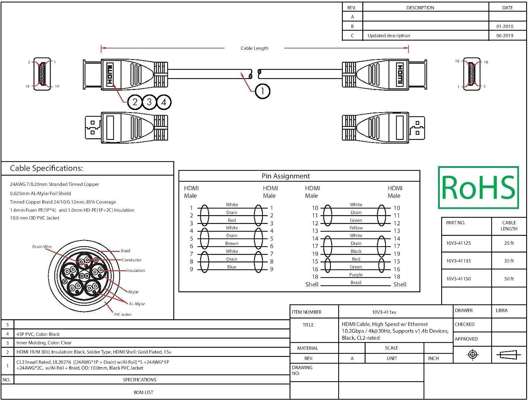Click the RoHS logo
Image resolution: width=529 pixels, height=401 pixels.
coord(478,187)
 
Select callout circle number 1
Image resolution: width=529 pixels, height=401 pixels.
coord(262,91)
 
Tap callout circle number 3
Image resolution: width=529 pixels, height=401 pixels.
coord(149,102)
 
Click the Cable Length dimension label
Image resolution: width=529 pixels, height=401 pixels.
coord(254,48)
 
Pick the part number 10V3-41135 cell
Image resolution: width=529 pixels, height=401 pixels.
coord(458,261)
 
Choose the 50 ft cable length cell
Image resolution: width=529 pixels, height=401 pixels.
coord(509,279)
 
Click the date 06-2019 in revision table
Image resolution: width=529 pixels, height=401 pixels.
coord(505,36)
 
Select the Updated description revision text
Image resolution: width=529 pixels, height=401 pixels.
coord(389,36)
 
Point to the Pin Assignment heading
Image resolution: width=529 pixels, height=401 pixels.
coord(286,176)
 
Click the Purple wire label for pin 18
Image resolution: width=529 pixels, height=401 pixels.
coord(356,275)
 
